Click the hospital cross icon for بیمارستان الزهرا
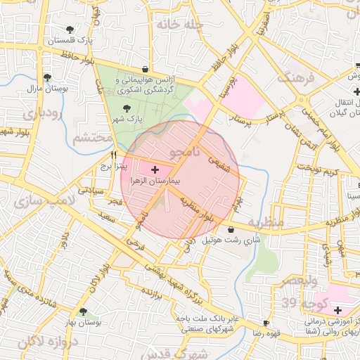(x=155, y=170)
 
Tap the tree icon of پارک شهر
(x=127, y=108)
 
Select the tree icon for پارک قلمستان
(x=70, y=29)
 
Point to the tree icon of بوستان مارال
(x=46, y=77)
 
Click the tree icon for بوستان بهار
(x=84, y=311)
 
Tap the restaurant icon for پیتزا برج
(x=113, y=155)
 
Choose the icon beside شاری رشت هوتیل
(x=231, y=229)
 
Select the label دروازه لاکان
(x=29, y=342)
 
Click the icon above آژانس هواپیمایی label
(x=145, y=70)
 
